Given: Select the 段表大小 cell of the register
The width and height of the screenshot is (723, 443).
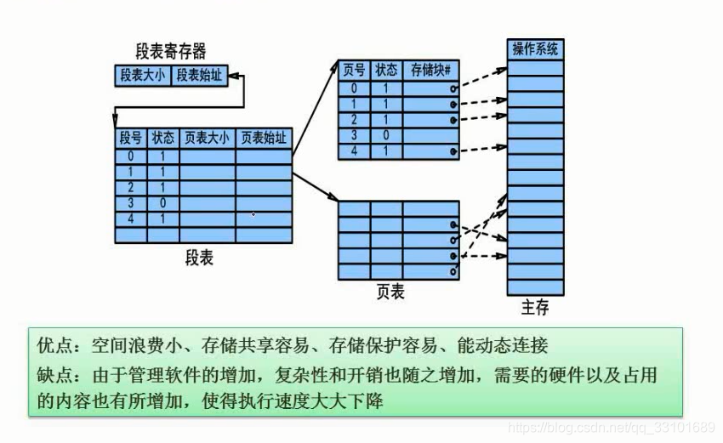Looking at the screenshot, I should click(143, 76).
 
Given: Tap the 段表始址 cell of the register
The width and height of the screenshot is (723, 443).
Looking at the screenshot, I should click(199, 76).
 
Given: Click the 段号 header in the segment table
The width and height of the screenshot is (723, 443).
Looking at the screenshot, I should click(130, 138).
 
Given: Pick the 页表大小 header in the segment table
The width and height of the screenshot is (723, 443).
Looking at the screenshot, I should click(207, 138).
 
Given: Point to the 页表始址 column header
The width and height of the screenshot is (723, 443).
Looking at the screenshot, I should click(263, 138).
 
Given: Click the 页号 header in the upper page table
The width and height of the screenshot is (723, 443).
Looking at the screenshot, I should click(354, 71).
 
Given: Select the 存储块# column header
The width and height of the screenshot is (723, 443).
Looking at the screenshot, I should click(430, 71).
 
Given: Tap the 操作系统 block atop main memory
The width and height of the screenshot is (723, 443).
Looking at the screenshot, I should click(535, 49).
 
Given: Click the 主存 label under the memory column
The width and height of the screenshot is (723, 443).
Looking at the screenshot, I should click(534, 307).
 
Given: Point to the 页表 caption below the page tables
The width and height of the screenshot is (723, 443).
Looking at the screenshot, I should click(390, 293).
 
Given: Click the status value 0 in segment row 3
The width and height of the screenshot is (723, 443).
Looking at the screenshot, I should click(162, 202).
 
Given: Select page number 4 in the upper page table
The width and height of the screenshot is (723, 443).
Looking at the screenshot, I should click(354, 151).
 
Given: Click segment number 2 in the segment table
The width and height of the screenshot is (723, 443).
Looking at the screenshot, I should click(130, 187).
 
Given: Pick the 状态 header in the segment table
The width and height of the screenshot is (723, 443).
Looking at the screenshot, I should click(162, 138).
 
